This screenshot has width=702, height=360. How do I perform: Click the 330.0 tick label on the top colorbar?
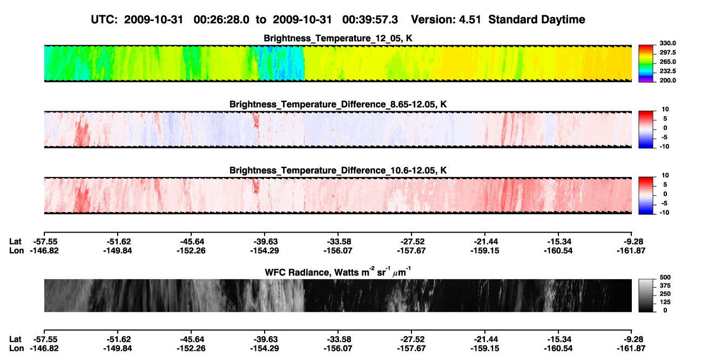tap(667, 43)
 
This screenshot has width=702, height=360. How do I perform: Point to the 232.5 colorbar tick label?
tap(667, 71)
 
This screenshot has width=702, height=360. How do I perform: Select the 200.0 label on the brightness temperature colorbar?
tap(667, 80)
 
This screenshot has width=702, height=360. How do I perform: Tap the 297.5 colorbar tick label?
tap(667, 52)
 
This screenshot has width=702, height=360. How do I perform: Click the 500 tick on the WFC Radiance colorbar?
tap(665, 277)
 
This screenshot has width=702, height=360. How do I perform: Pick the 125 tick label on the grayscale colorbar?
tap(665, 302)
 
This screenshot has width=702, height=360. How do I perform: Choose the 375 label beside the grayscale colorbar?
tap(665, 286)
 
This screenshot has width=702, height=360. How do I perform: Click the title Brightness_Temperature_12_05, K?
tap(338, 38)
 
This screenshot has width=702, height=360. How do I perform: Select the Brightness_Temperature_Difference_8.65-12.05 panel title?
tap(338, 104)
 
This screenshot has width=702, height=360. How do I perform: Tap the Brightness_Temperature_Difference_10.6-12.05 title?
tap(338, 171)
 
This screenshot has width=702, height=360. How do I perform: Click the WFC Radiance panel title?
tap(338, 271)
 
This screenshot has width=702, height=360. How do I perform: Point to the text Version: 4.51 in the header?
tap(446, 20)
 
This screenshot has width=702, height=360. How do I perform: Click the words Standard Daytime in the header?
tap(537, 20)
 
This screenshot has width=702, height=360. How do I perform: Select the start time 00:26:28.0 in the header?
tap(221, 20)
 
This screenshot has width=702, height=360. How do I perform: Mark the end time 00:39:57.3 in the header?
tap(370, 20)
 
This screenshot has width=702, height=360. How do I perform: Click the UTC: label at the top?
tap(104, 20)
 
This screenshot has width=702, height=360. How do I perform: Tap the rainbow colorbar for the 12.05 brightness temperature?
tap(646, 64)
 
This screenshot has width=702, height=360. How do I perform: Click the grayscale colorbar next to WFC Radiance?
tap(646, 295)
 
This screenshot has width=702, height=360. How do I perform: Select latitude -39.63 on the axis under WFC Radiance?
tap(265, 339)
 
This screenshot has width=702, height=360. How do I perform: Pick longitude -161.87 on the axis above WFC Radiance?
tap(631, 250)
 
